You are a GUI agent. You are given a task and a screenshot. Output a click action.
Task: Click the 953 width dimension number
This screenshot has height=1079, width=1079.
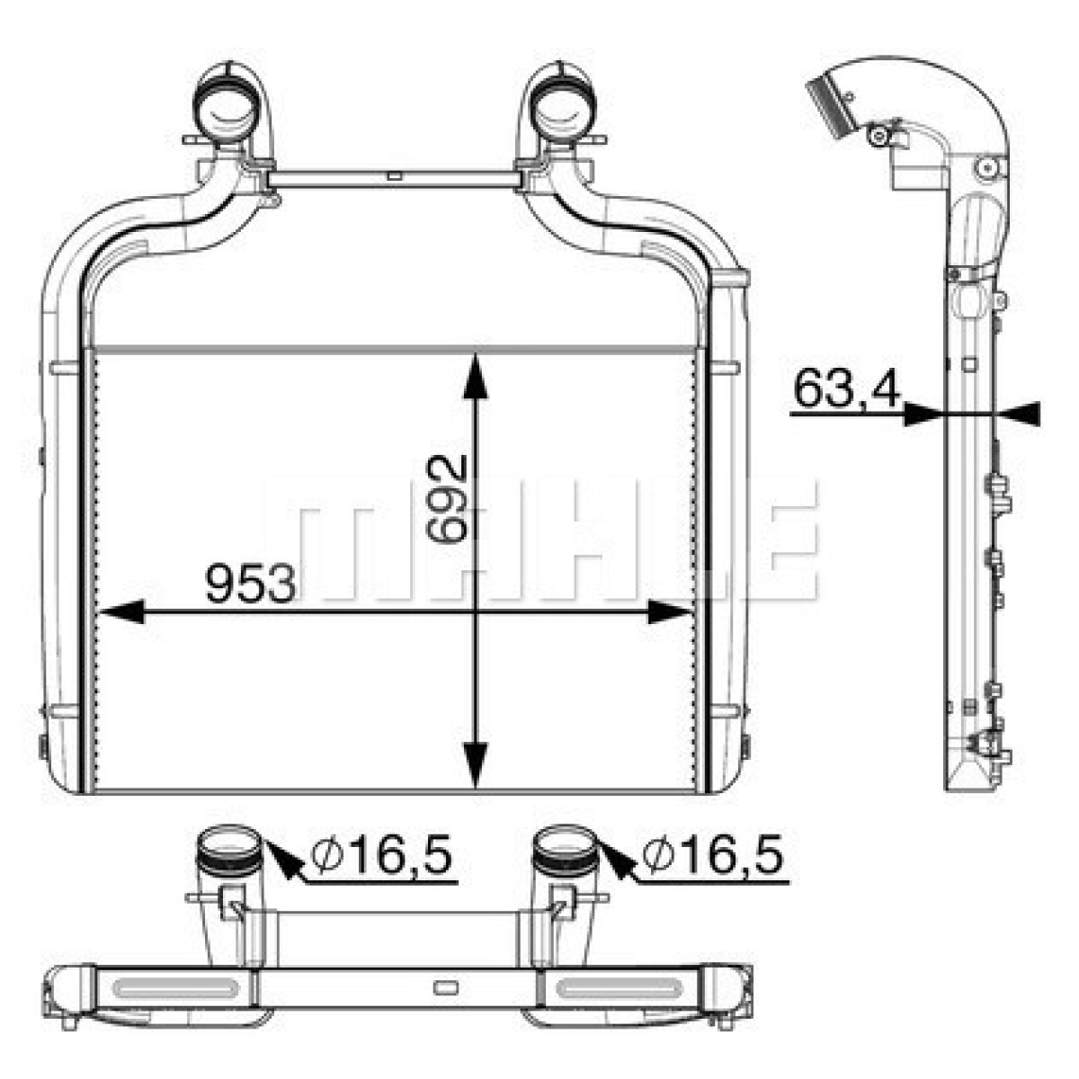250,584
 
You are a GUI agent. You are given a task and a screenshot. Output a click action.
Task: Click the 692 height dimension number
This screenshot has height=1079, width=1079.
446,498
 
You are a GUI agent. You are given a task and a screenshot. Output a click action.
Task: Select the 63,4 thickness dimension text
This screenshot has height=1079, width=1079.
847,389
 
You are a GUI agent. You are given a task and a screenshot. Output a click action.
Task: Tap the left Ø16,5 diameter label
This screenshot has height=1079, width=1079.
381,853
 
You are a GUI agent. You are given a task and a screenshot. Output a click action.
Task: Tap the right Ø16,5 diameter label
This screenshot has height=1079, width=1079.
712,853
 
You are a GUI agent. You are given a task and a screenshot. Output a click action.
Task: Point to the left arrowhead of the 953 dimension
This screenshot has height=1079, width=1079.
121,611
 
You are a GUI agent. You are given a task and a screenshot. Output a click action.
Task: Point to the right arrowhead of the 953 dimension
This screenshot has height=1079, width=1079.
670,611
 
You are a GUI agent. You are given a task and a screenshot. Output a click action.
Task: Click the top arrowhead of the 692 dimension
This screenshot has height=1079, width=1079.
476,375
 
